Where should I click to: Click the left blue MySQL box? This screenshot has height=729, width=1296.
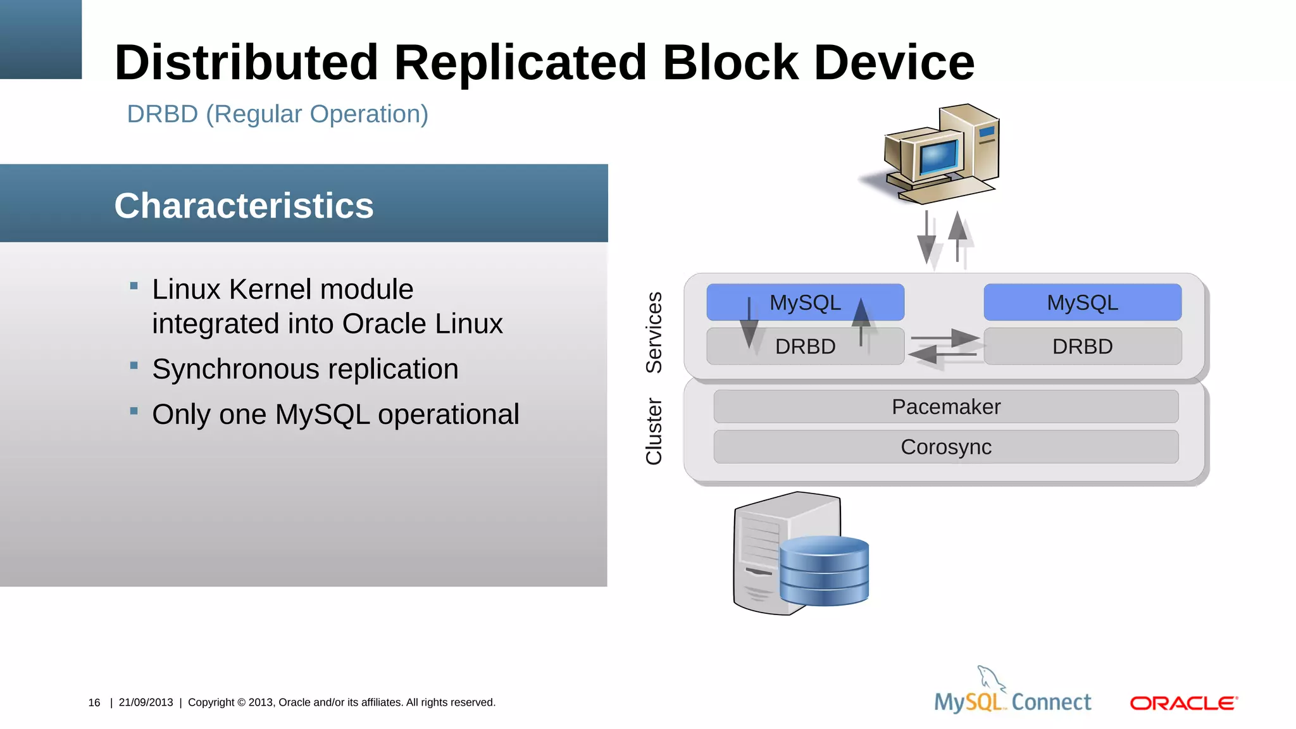(x=805, y=302)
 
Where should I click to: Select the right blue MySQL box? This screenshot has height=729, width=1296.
(x=1082, y=302)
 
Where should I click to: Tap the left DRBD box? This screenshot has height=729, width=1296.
(x=805, y=346)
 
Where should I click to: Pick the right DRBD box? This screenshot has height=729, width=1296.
(x=1082, y=346)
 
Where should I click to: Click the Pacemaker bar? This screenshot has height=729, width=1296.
(x=945, y=407)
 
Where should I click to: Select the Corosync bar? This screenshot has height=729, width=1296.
(x=945, y=447)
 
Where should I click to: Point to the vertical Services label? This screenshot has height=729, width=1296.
(x=654, y=332)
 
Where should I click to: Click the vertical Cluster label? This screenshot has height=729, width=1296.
(x=654, y=431)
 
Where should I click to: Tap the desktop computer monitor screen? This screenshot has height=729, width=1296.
(x=938, y=156)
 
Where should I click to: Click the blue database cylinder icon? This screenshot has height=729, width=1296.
(x=824, y=571)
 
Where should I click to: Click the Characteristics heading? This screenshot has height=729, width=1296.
(x=244, y=206)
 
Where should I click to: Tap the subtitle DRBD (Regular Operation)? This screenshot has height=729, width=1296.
(x=277, y=114)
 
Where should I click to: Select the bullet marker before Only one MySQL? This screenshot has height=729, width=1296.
(x=134, y=411)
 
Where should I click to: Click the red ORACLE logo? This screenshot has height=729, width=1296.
(x=1183, y=703)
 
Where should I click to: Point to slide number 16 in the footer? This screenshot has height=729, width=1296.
(x=94, y=702)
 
